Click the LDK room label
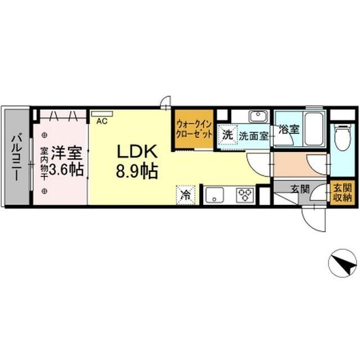[137, 151]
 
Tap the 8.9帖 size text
[137, 171]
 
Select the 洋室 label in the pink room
[66, 153]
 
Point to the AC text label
[102, 121]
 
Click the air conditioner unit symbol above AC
[102, 114]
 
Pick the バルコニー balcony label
[17, 157]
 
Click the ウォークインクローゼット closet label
[194, 130]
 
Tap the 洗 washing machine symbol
[227, 135]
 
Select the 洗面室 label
[254, 136]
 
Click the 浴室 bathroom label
[289, 129]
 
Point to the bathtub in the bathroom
[314, 129]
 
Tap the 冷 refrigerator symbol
[186, 195]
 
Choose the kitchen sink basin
[215, 195]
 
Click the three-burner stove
[245, 195]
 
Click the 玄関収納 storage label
[343, 192]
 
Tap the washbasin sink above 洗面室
[259, 116]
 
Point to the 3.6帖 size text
[66, 170]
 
